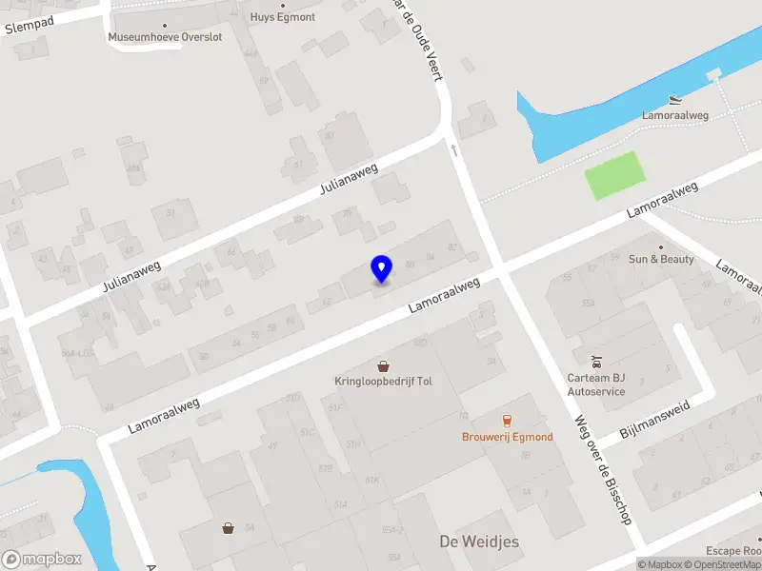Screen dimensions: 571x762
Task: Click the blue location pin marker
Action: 381,268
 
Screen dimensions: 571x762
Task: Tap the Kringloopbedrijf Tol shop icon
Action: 383,366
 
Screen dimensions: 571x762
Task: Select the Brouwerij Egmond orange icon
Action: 507,421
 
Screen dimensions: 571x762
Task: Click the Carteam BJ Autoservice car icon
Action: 596,362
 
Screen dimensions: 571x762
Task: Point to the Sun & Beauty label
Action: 661,259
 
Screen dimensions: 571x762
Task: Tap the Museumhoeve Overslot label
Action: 165,37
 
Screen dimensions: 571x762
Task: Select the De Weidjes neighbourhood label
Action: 479,541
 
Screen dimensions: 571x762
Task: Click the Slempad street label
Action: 30,24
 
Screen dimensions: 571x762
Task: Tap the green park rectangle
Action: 614,176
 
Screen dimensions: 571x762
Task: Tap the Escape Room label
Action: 733,551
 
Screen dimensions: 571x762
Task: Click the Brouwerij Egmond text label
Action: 507,437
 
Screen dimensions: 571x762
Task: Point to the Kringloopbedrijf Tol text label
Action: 383,381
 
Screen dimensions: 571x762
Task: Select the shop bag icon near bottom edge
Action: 229,527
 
